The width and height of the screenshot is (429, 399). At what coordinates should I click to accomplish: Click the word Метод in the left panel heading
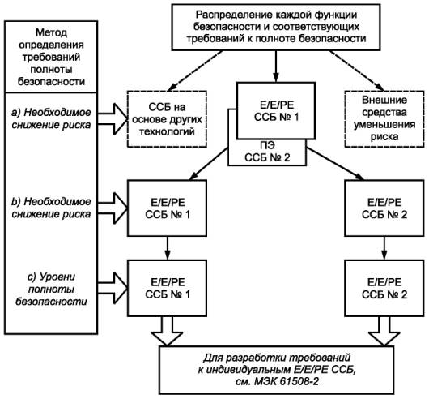(x=52, y=32)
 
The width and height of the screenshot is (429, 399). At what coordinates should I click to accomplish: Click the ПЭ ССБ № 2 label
(x=267, y=152)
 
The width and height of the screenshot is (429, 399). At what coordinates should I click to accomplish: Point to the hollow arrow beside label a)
(x=113, y=119)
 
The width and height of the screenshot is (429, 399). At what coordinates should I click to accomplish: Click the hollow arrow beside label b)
(x=113, y=208)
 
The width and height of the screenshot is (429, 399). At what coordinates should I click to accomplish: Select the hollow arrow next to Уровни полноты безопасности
(x=113, y=288)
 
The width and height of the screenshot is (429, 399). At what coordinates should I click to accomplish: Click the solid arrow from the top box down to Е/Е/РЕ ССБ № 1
(x=276, y=66)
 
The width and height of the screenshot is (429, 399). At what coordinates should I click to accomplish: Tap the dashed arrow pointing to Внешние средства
(x=356, y=71)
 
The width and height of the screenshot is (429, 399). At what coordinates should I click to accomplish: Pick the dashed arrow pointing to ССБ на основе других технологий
(x=195, y=71)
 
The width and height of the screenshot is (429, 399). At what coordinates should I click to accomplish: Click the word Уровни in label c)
(x=57, y=277)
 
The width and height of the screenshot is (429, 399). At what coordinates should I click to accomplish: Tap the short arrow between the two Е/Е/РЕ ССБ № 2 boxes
(x=384, y=248)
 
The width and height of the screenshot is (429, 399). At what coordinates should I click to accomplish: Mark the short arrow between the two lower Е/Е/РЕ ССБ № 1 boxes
(x=168, y=248)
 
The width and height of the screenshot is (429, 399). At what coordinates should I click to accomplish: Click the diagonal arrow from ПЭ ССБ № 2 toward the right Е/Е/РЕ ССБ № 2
(x=335, y=164)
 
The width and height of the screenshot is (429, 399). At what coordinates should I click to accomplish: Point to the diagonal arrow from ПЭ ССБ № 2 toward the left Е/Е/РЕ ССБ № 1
(x=209, y=164)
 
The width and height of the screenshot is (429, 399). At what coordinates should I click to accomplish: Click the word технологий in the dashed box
(x=167, y=132)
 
